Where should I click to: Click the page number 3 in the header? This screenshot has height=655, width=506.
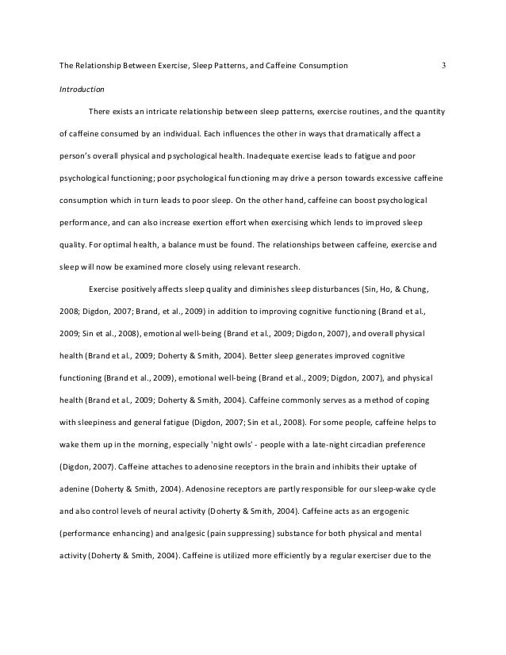tap(444, 64)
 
